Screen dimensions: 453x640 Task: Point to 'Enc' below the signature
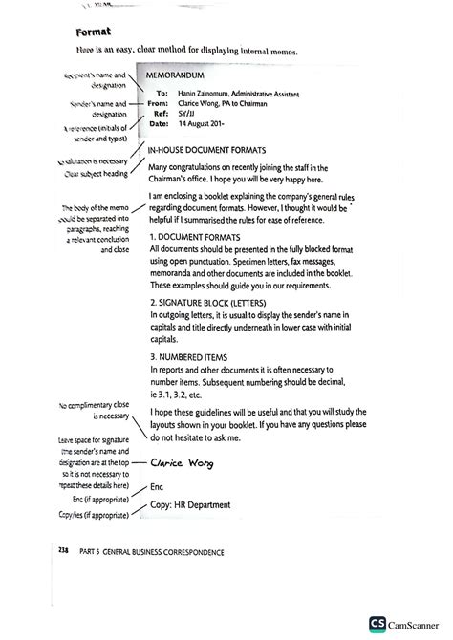(x=158, y=487)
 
